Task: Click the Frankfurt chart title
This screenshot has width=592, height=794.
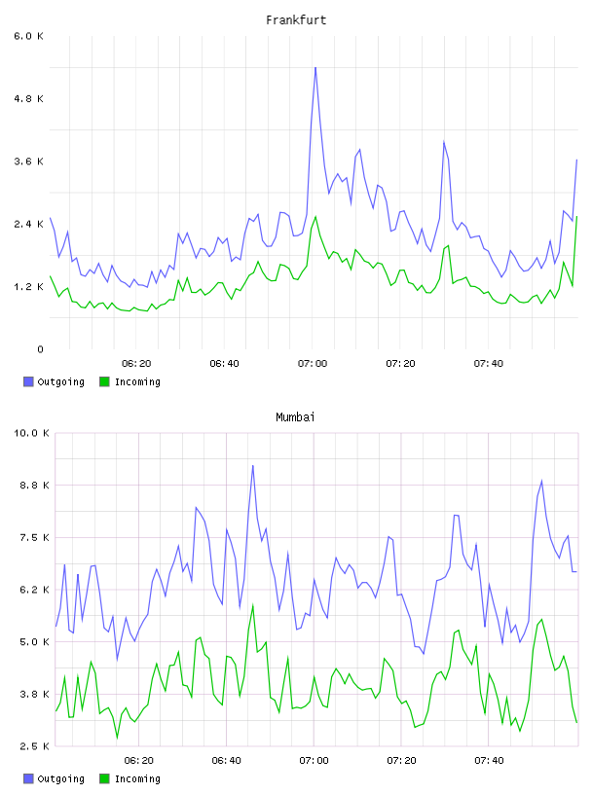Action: [296, 20]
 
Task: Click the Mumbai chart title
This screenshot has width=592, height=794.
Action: [295, 417]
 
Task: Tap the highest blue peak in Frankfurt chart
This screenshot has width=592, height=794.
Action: [315, 67]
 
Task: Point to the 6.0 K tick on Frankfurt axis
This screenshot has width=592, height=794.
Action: [29, 36]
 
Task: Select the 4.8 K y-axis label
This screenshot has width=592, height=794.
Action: [29, 98]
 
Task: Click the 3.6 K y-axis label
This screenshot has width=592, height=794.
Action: [29, 162]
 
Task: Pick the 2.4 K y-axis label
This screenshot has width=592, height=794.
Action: [29, 225]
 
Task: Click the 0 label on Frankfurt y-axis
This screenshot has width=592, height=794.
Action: [40, 349]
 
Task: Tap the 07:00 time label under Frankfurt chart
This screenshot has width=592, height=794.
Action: [313, 364]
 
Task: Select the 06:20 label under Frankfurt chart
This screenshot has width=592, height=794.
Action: [136, 364]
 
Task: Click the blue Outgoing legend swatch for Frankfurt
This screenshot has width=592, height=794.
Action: [28, 381]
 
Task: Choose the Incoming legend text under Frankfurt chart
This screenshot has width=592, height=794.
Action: [137, 381]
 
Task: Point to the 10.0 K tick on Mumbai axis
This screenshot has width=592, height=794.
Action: [31, 433]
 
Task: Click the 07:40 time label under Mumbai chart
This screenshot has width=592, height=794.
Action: [489, 761]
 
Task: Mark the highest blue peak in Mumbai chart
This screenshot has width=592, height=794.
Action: [252, 466]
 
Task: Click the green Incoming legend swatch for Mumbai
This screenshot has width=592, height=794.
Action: [104, 778]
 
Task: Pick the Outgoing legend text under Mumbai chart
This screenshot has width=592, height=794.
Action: [60, 778]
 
